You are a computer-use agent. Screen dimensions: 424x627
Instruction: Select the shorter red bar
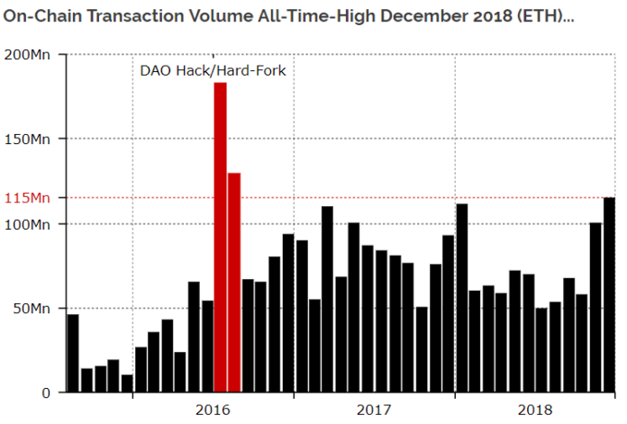coord(233,283)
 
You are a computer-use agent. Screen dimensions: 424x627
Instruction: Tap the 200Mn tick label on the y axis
coord(30,55)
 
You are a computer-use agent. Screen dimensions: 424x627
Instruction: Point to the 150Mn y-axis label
coord(30,140)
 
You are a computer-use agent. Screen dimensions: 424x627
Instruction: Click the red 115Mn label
coord(30,198)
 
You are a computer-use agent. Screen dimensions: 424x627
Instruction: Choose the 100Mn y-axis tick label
coord(30,224)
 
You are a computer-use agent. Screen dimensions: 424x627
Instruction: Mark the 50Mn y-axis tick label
coord(33,309)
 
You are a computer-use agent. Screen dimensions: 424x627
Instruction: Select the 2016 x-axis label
coord(213,410)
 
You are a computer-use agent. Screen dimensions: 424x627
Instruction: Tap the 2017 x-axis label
coord(374,410)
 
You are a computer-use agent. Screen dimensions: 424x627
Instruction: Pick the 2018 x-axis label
coord(535,410)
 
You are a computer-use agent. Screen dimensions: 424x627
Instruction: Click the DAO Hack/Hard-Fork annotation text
coord(213,70)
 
